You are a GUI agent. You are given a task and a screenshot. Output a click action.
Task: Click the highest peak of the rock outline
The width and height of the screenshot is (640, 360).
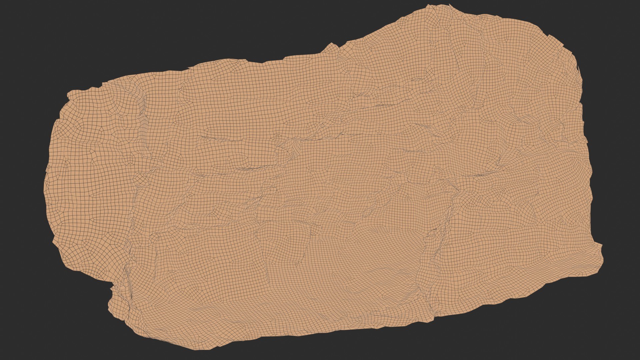pyautogui.click(x=429, y=5)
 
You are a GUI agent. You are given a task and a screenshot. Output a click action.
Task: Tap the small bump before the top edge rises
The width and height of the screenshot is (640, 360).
pyautogui.click(x=332, y=44)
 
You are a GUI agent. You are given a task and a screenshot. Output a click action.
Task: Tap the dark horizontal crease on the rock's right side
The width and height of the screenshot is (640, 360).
pyautogui.click(x=483, y=175)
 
